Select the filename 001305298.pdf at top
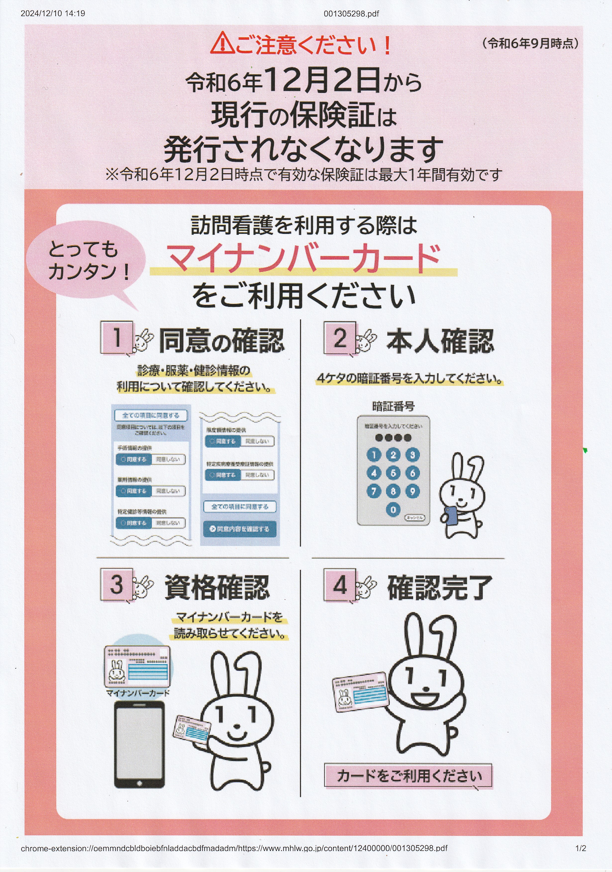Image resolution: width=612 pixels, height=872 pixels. coord(351,14)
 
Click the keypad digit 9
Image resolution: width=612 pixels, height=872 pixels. coord(412,491)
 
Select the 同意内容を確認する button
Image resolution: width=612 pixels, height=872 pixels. coord(240,529)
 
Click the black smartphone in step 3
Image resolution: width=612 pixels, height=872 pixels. coord(139,744)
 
